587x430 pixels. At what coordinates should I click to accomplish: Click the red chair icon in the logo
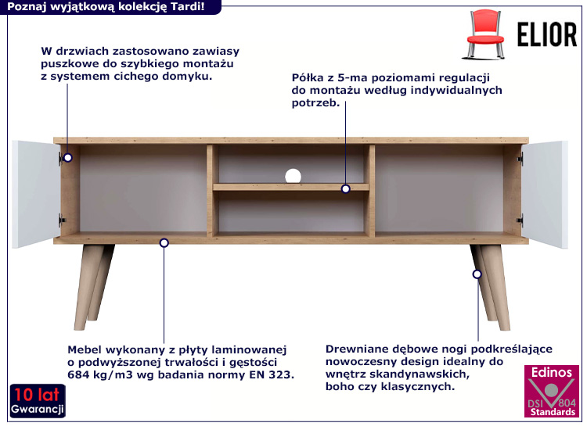484,34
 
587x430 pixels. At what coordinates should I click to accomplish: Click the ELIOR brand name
546,34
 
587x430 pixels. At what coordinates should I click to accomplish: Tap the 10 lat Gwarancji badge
38,400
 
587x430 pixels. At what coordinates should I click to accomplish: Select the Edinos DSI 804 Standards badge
552,391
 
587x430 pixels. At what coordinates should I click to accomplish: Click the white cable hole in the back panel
293,176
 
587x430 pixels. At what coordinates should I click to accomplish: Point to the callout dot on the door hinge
68,157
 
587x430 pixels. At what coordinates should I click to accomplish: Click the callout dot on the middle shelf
345,189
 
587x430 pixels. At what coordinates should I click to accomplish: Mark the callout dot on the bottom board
164,243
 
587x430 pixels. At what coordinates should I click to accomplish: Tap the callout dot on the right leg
477,274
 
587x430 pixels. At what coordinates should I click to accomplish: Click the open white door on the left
36,195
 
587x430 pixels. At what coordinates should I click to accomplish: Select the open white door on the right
545,195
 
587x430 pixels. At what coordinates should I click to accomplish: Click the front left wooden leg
88,287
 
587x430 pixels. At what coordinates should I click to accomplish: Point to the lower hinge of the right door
520,220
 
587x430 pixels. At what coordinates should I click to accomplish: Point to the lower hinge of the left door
62,220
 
